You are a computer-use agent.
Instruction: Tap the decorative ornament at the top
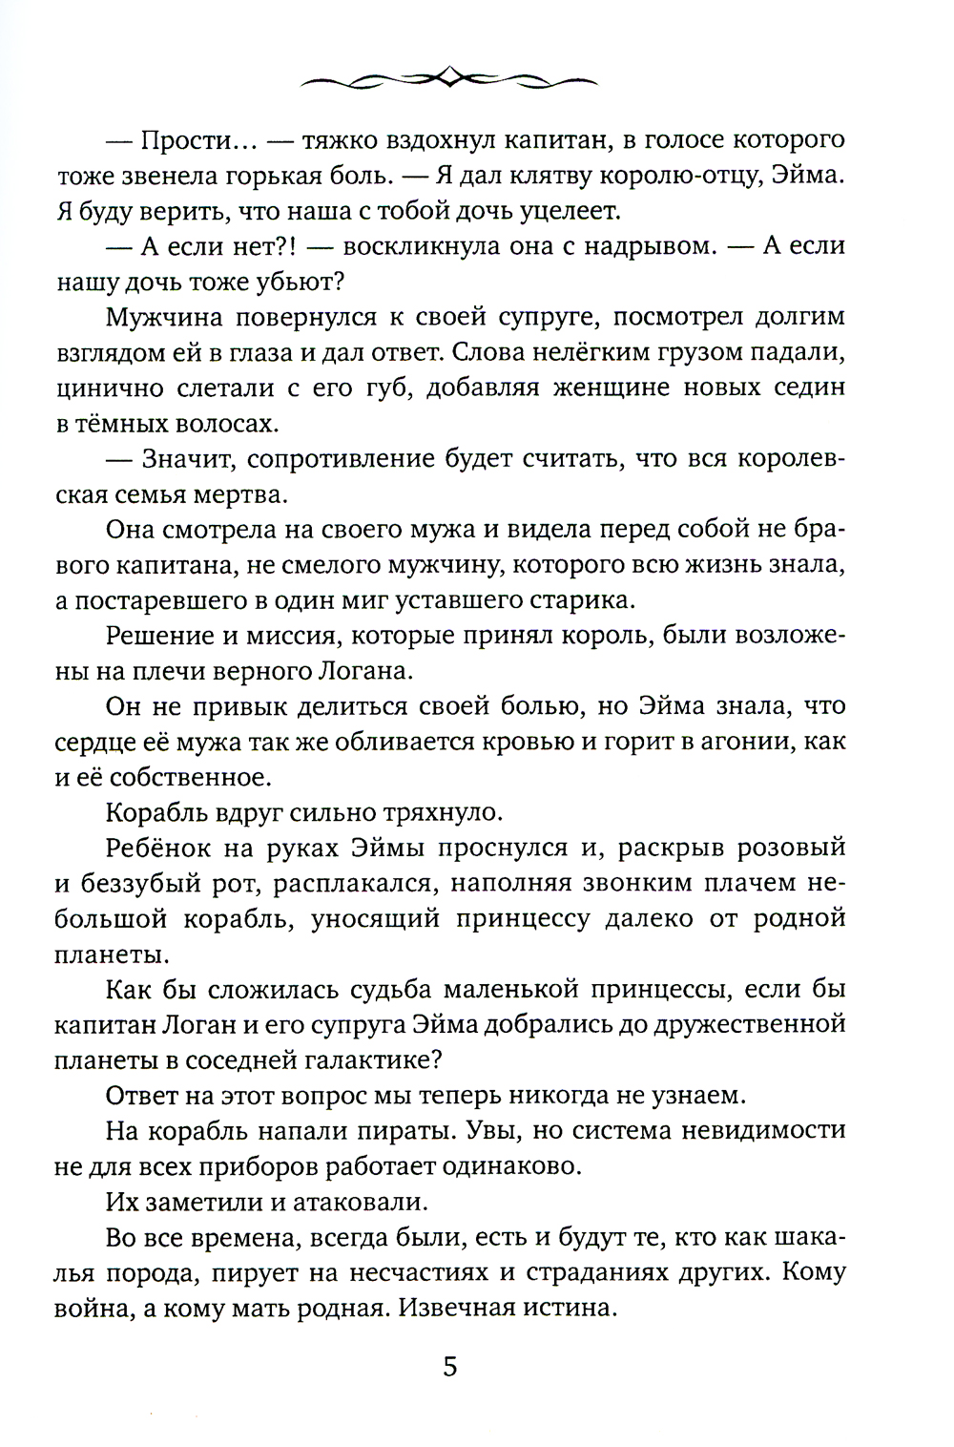449,75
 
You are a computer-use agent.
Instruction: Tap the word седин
811,388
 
